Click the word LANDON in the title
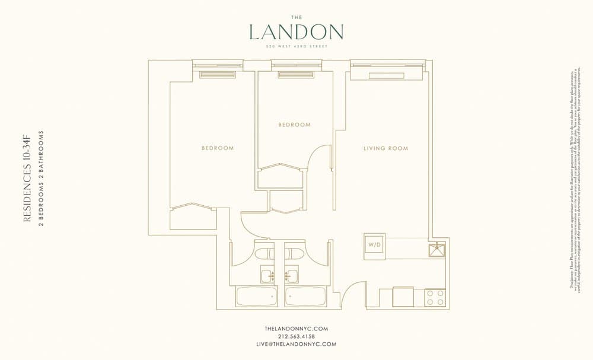(x=296, y=32)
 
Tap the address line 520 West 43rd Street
(x=296, y=46)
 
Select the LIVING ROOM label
(x=385, y=148)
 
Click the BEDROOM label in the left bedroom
(x=217, y=148)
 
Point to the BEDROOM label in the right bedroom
(x=294, y=125)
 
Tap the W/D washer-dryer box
(x=375, y=244)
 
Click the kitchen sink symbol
(x=438, y=249)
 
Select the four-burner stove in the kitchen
(x=435, y=297)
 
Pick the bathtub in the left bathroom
(x=256, y=297)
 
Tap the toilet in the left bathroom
(x=264, y=254)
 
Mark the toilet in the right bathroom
(x=294, y=254)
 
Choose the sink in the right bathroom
(x=291, y=276)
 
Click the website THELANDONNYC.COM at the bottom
(x=296, y=329)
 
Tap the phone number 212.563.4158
(x=296, y=336)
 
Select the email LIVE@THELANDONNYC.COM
(x=296, y=344)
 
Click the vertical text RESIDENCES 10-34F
(x=27, y=179)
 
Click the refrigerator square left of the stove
(x=403, y=297)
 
